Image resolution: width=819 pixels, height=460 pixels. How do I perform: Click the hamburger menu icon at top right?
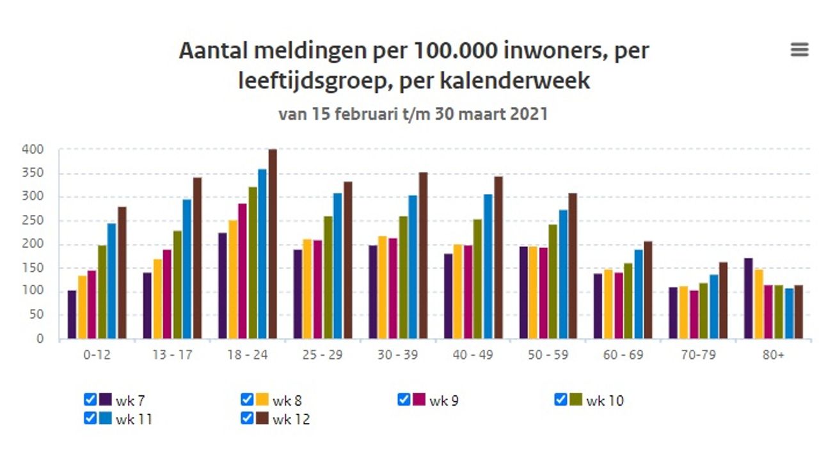(x=799, y=50)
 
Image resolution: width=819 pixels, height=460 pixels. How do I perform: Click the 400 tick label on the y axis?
(x=31, y=150)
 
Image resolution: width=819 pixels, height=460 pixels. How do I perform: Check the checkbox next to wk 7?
(x=90, y=400)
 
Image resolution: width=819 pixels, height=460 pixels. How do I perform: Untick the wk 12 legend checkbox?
(x=246, y=418)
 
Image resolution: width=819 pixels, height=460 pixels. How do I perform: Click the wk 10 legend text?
(x=605, y=401)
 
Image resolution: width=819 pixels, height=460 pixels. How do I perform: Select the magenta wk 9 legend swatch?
(x=419, y=400)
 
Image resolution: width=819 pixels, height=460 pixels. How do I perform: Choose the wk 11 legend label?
(x=134, y=419)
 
